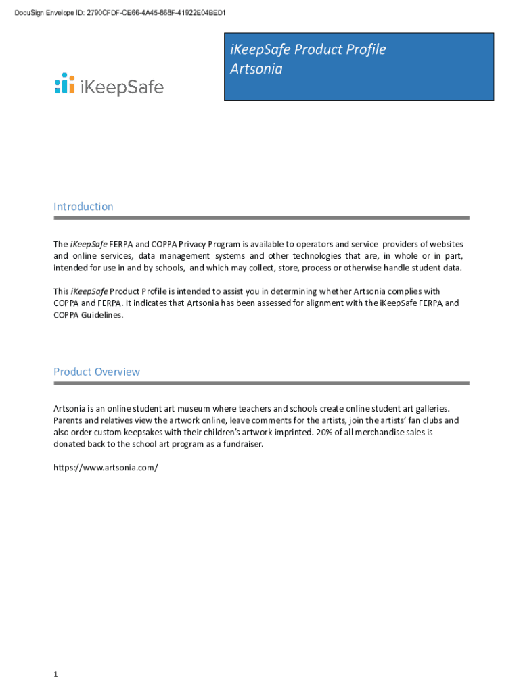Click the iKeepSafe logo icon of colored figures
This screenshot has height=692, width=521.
[x=64, y=83]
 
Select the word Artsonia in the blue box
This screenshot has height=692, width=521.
[x=256, y=69]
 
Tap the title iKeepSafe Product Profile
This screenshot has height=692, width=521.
[x=308, y=49]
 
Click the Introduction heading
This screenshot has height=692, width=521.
[x=83, y=207]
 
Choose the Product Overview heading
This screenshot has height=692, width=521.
[x=97, y=372]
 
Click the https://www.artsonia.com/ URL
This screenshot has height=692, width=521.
[x=106, y=467]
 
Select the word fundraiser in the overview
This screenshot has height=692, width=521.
[x=238, y=444]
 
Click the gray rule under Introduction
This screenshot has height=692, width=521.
[x=261, y=218]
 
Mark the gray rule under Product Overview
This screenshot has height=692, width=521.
[x=261, y=383]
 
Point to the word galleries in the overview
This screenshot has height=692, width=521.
[x=429, y=408]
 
